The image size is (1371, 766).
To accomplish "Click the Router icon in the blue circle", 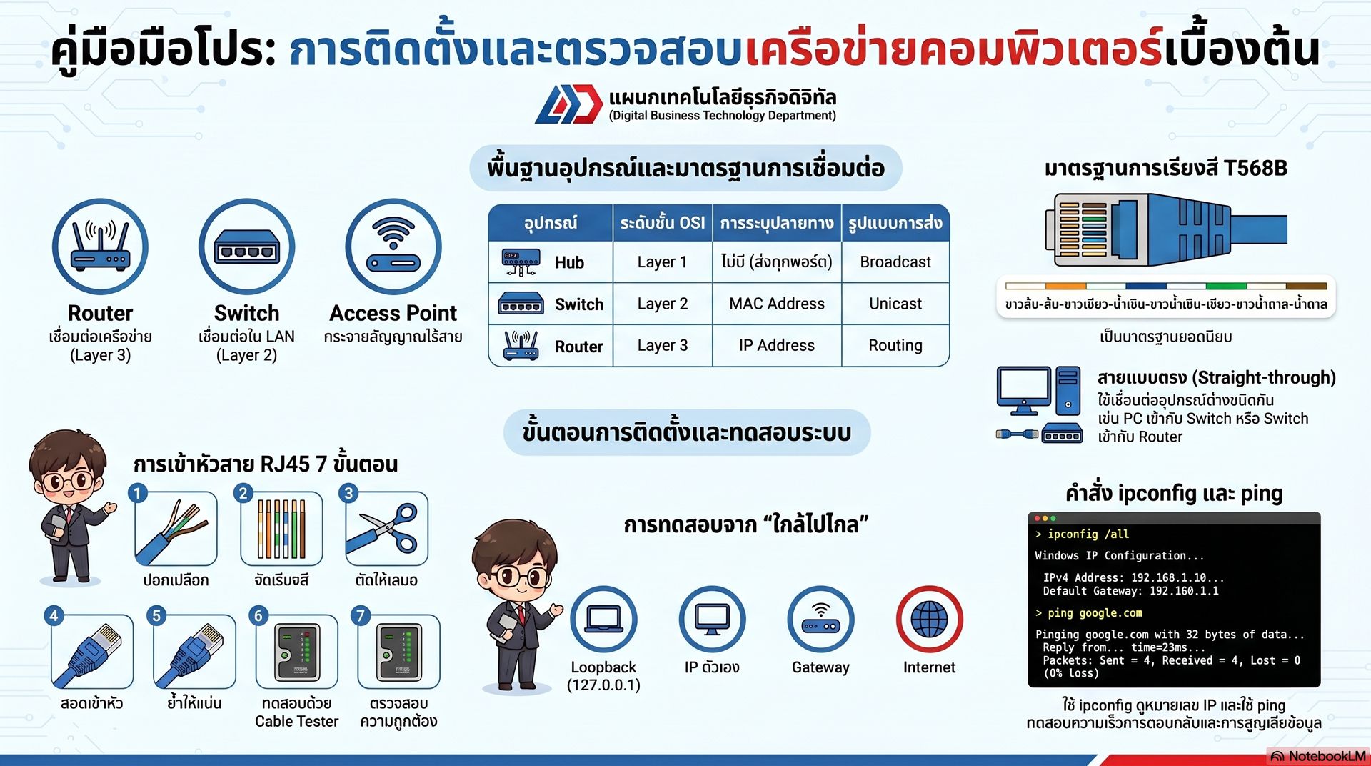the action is [100, 247].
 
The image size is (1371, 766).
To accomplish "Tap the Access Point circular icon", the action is [393, 247].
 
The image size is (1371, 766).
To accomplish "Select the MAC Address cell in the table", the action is [777, 304].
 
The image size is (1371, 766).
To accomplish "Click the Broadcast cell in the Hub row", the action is [895, 262].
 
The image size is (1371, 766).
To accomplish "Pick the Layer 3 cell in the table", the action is [663, 346].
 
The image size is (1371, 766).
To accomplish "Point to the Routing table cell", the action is [895, 346].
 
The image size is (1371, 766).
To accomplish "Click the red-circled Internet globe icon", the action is [929, 620].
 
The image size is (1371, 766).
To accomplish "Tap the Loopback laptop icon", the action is [603, 620].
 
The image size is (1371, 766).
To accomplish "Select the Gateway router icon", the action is [820, 620].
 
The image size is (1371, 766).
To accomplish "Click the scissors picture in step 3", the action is [386, 529].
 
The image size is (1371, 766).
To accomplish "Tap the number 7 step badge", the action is [361, 615].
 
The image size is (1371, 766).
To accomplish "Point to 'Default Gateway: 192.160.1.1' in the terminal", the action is [1130, 591].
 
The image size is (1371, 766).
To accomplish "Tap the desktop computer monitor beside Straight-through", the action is [1024, 390].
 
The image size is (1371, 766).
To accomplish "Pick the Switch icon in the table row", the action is [521, 304].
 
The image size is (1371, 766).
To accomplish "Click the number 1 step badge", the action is [138, 493].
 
